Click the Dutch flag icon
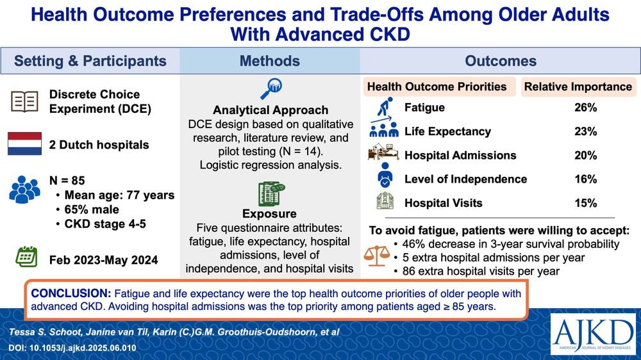tap(24, 144)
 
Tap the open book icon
tap(24, 101)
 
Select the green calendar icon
tap(26, 257)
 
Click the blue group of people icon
tap(24, 190)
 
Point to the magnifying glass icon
tap(271, 88)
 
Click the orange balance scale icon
tap(377, 256)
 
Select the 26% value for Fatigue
tap(585, 108)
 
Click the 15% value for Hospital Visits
tap(585, 203)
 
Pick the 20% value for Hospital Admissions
tap(585, 155)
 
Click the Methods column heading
tap(270, 61)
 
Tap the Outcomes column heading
tap(501, 61)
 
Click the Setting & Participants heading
tap(90, 61)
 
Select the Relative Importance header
tap(578, 86)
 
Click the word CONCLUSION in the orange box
tap(71, 293)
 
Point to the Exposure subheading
tap(269, 214)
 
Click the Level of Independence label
tap(465, 179)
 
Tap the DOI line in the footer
tap(72, 348)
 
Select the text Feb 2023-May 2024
tap(103, 260)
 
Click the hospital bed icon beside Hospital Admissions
tap(383, 153)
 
